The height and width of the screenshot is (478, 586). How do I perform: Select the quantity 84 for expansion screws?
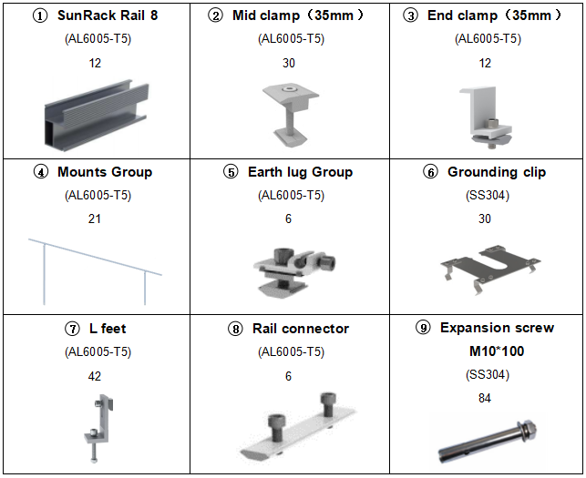pos(485,398)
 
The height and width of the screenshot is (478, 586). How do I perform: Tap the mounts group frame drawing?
pos(95,269)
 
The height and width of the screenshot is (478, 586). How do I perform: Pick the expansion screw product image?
pos(485,439)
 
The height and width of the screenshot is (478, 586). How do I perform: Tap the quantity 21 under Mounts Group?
pos(95,219)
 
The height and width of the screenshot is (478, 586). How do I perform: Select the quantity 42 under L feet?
pos(95,376)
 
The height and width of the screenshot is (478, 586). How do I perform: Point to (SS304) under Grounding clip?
pos(485,196)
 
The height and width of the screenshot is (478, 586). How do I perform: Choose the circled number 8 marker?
pos(236,329)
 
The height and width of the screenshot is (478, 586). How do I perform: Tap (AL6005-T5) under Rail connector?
pos(291,352)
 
